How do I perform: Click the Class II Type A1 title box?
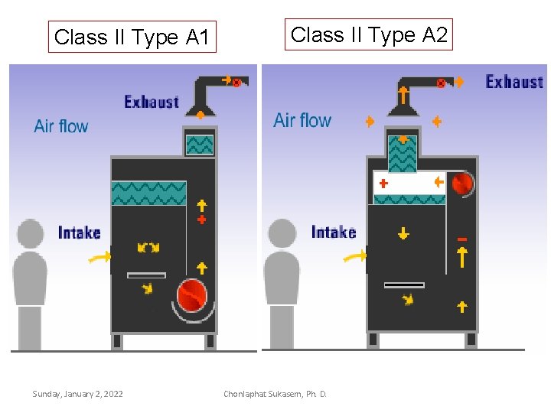point(132,37)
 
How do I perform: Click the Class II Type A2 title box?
point(369,34)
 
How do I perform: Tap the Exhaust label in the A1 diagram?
point(151,102)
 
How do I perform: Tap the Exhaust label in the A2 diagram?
point(514,81)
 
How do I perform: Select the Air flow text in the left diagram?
point(61,126)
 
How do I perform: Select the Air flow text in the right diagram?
point(302,120)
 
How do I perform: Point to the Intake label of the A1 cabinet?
point(79,232)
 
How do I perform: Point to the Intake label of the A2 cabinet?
point(334,232)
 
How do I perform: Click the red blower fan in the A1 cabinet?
point(191,295)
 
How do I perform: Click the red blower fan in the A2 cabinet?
point(462,184)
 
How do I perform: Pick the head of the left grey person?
point(31,233)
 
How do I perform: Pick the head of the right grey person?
point(282,233)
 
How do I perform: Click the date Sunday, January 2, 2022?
point(77,394)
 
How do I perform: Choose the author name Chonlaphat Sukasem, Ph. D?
point(275,394)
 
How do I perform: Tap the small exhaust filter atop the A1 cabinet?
point(200,145)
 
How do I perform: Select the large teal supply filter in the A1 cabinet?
point(149,193)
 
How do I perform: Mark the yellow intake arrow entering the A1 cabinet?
point(98,258)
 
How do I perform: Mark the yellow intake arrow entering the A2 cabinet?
point(354,258)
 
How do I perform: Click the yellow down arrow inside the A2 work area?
point(403,233)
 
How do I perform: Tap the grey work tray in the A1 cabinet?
point(146,275)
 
